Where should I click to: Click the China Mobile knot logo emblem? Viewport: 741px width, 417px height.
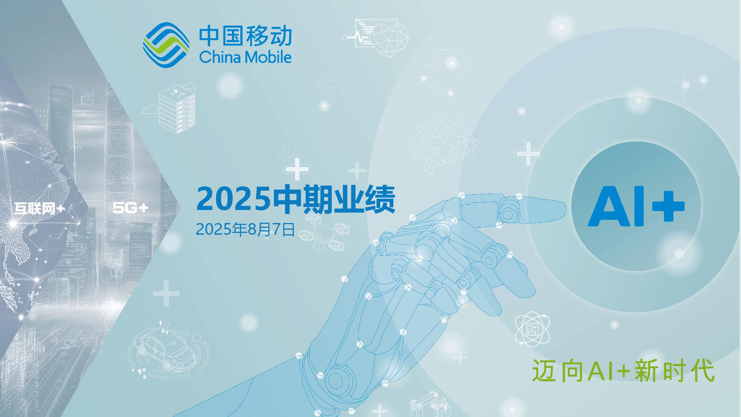pyautogui.click(x=166, y=45)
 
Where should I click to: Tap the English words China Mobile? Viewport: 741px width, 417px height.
pyautogui.click(x=245, y=57)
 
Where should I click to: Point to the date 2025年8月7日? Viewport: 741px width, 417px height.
pyautogui.click(x=245, y=230)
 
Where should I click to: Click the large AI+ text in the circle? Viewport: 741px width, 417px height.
pyautogui.click(x=636, y=206)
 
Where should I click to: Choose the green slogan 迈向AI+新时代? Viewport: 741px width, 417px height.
pyautogui.click(x=623, y=371)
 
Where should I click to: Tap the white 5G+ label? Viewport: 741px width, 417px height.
pyautogui.click(x=130, y=208)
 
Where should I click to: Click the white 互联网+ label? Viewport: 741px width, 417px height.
pyautogui.click(x=40, y=208)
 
